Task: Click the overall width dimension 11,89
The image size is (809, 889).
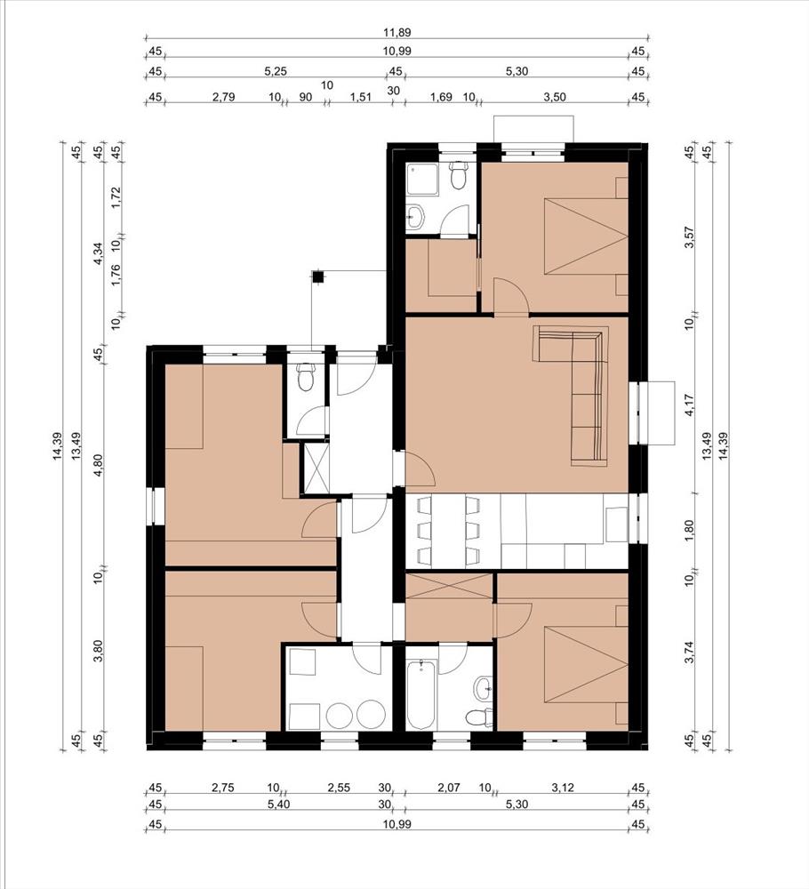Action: click(396, 33)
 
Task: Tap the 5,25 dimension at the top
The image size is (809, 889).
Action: click(276, 71)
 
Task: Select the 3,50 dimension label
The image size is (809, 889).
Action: click(555, 97)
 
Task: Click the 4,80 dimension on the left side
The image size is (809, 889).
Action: click(99, 466)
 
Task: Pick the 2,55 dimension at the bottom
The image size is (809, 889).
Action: click(339, 788)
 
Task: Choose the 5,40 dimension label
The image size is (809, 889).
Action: click(276, 804)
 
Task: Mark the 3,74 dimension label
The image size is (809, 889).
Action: click(689, 652)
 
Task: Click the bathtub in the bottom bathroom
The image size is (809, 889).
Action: click(421, 694)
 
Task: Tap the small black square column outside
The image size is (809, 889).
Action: click(318, 276)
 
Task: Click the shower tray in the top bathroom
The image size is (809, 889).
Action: click(422, 180)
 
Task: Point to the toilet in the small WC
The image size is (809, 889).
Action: click(306, 376)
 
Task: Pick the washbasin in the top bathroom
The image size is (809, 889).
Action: click(415, 216)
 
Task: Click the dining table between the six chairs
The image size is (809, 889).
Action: click(448, 532)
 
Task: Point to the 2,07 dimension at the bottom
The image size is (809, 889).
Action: click(449, 788)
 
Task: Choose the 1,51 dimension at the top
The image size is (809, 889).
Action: click(361, 97)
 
